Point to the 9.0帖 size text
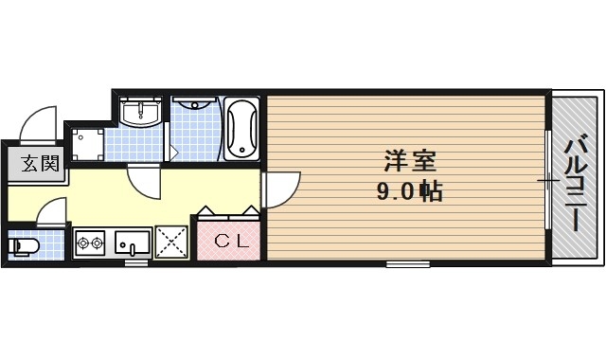[x=410, y=192]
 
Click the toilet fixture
[x=24, y=247]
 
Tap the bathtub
[x=242, y=130]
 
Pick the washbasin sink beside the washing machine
[x=144, y=113]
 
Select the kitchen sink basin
[x=133, y=243]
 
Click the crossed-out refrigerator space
[x=173, y=242]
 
